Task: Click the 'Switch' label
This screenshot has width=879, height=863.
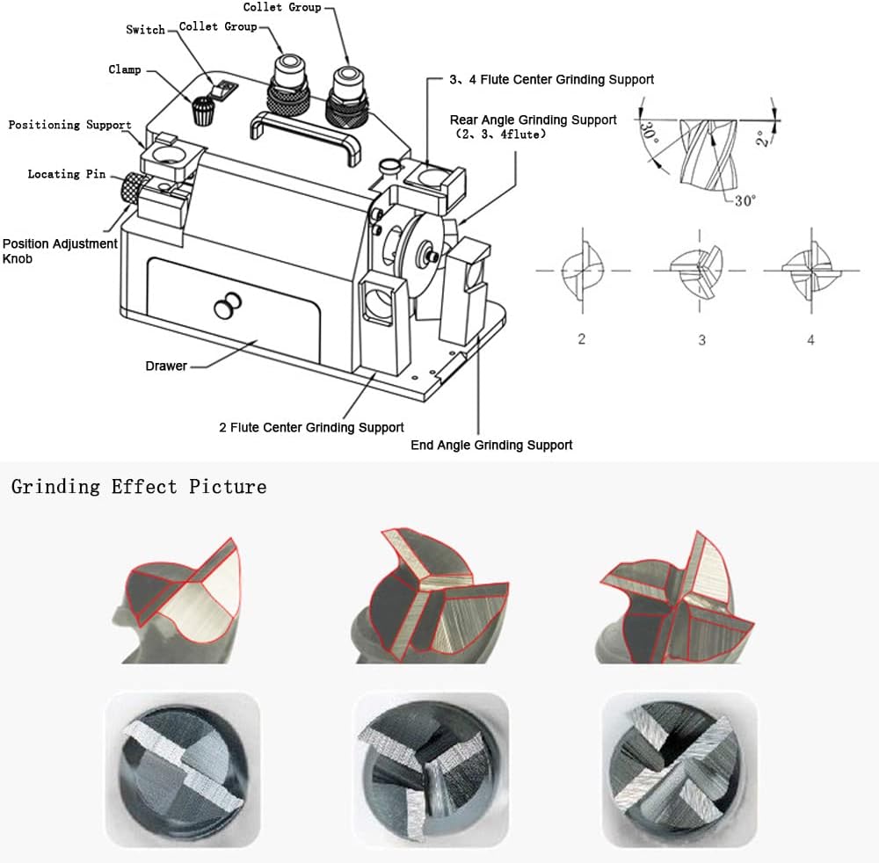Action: [145, 30]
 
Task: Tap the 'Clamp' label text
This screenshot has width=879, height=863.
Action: [125, 69]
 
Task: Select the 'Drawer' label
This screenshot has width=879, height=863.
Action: [166, 366]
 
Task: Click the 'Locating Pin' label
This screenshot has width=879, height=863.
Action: [67, 174]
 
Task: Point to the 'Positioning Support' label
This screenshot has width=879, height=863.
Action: [69, 125]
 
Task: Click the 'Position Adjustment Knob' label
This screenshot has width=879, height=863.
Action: [60, 251]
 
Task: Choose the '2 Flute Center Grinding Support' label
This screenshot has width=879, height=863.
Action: [311, 428]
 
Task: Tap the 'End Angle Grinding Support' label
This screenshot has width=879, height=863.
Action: [491, 445]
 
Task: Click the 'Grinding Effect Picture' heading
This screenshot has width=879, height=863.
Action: [139, 486]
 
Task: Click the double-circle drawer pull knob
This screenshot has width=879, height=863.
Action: [228, 306]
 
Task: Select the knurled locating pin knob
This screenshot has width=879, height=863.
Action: [133, 190]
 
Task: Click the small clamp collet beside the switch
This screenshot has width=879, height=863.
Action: [202, 111]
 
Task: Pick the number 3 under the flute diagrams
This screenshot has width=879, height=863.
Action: [701, 340]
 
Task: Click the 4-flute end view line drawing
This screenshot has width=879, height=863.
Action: [810, 271]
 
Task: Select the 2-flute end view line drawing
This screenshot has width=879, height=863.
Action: [583, 271]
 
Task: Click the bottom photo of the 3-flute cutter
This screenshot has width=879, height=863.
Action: [431, 770]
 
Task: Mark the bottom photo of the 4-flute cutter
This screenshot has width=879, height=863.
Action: [679, 770]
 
